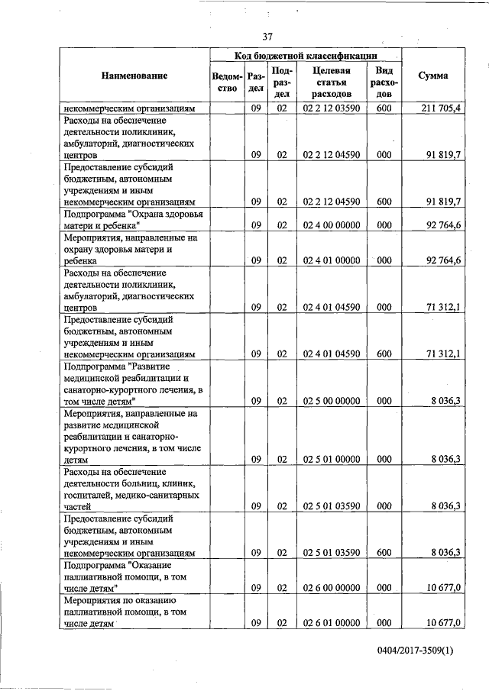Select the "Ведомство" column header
pyautogui.click(x=228, y=82)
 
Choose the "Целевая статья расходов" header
pyautogui.click(x=332, y=82)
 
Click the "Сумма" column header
pyautogui.click(x=433, y=76)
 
